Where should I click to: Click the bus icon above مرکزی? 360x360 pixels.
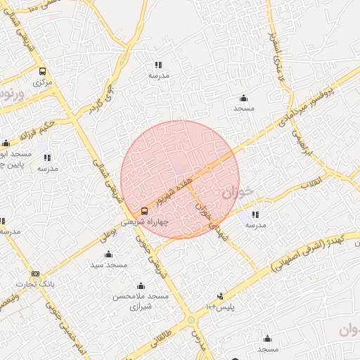(42, 71)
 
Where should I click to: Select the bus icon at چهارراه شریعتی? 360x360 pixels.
(145, 211)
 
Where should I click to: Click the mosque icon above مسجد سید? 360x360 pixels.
(108, 255)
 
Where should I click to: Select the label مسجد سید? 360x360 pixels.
(108, 265)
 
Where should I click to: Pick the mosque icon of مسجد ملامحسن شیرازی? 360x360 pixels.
(141, 286)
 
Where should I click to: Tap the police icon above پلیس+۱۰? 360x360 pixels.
(220, 296)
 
